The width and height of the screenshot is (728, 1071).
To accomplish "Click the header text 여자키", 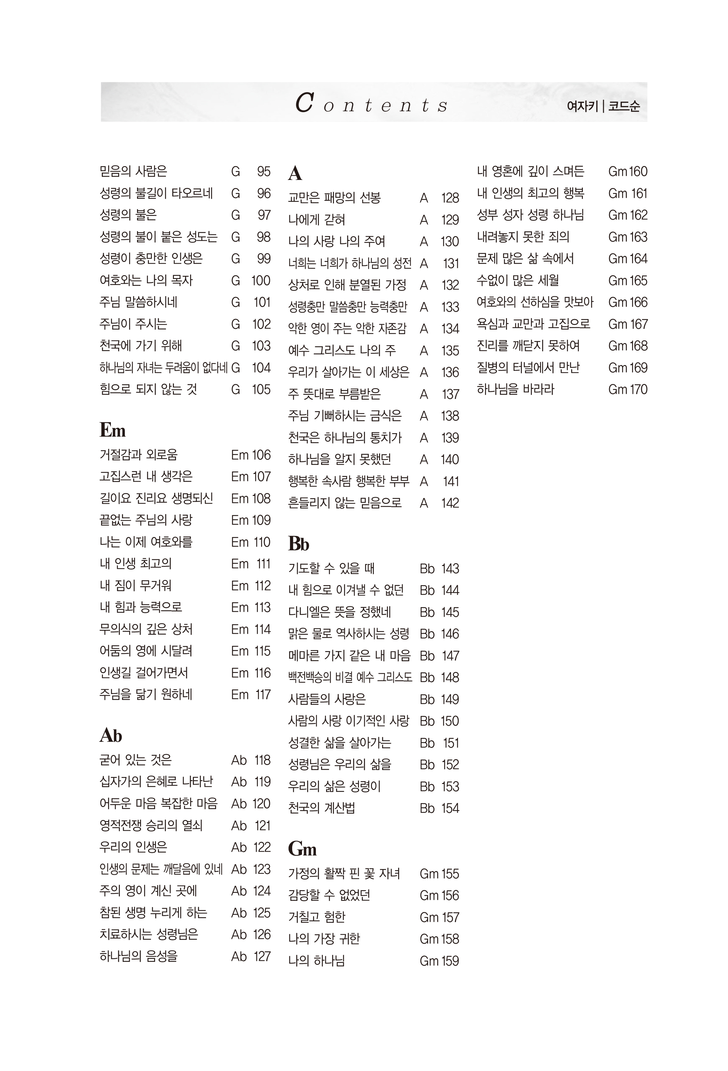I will (x=582, y=106).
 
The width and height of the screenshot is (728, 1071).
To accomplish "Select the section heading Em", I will (x=112, y=430).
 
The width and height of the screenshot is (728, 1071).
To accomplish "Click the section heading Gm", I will (x=302, y=848).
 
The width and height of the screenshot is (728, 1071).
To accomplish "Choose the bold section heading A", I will (x=295, y=173).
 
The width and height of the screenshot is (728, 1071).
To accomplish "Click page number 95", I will (x=264, y=172).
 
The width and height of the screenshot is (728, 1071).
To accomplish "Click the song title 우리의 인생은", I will (x=133, y=847).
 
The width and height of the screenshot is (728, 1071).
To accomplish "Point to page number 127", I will (x=262, y=956).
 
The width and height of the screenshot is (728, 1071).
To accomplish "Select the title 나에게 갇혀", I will (x=317, y=219).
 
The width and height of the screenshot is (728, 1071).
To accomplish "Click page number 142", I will (x=450, y=503).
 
